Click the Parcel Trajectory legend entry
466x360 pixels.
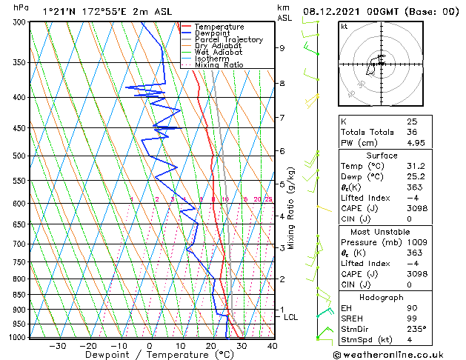pyautogui.click(x=228, y=39)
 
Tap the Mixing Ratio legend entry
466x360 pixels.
pyautogui.click(x=219, y=65)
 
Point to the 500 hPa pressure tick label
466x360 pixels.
pyautogui.click(x=20, y=156)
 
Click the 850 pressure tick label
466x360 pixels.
pyautogui.click(x=20, y=295)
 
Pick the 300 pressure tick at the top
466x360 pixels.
pyautogui.click(x=20, y=22)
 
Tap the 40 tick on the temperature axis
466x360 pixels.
pyautogui.click(x=273, y=346)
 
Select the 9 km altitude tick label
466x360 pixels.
pyautogui.click(x=282, y=48)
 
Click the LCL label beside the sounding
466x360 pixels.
pyautogui.click(x=291, y=317)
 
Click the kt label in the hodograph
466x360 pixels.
pyautogui.click(x=344, y=27)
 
